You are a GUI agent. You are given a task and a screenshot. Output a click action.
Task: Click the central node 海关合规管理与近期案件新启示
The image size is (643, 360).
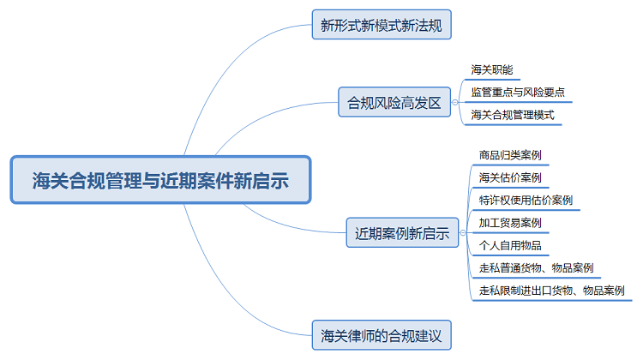(160, 181)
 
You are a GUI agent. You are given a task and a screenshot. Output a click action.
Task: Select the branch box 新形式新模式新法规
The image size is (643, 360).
(382, 25)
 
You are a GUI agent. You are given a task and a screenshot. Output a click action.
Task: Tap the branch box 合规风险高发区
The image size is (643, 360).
(394, 103)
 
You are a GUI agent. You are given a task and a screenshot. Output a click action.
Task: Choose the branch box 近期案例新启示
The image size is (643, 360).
(402, 233)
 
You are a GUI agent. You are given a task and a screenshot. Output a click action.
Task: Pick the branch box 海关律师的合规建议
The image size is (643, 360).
(382, 334)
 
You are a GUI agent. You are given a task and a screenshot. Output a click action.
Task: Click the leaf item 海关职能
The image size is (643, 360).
(492, 69)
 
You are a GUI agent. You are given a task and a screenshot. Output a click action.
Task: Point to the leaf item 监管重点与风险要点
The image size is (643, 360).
(518, 92)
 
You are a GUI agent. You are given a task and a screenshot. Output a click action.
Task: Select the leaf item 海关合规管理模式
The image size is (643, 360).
(513, 114)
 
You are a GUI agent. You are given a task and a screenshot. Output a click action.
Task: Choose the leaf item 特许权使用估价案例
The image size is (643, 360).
(526, 201)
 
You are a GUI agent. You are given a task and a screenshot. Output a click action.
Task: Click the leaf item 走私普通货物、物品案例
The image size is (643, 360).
(536, 268)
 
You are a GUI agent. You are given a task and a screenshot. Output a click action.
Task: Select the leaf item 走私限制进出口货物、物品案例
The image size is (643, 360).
(551, 291)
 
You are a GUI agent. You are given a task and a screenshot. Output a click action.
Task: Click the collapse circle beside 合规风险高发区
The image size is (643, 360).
(454, 103)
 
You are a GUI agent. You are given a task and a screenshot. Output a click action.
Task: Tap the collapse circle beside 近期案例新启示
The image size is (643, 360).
(463, 233)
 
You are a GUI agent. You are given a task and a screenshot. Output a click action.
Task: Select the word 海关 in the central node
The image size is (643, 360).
(50, 181)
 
